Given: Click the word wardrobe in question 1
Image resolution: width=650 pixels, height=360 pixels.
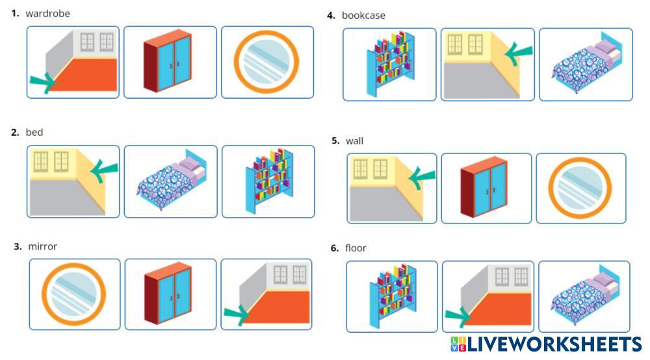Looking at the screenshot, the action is click(x=47, y=14).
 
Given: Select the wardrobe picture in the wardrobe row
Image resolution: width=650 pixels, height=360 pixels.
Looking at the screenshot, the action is click(x=168, y=60).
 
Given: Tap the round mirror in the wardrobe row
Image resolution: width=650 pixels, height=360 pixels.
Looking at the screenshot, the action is click(x=266, y=61).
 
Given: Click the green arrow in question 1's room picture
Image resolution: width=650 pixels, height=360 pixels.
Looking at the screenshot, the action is click(x=43, y=83).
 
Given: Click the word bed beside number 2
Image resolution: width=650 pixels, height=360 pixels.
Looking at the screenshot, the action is click(x=34, y=133).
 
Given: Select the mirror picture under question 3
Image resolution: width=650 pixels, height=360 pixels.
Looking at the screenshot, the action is click(x=74, y=294).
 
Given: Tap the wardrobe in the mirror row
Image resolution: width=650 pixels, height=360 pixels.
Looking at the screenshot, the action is click(x=168, y=293).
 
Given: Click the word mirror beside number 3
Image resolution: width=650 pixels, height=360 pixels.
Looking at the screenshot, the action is click(x=43, y=246).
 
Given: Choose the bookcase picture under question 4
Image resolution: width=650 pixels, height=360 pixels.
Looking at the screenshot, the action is click(x=391, y=64).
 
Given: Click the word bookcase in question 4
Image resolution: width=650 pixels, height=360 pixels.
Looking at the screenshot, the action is click(x=363, y=16).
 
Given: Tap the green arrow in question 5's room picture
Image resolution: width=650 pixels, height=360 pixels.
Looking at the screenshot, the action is click(x=422, y=177).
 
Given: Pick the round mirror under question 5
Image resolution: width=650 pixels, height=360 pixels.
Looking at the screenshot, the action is click(x=580, y=188).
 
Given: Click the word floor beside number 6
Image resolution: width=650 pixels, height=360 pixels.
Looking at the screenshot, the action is click(x=356, y=248).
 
